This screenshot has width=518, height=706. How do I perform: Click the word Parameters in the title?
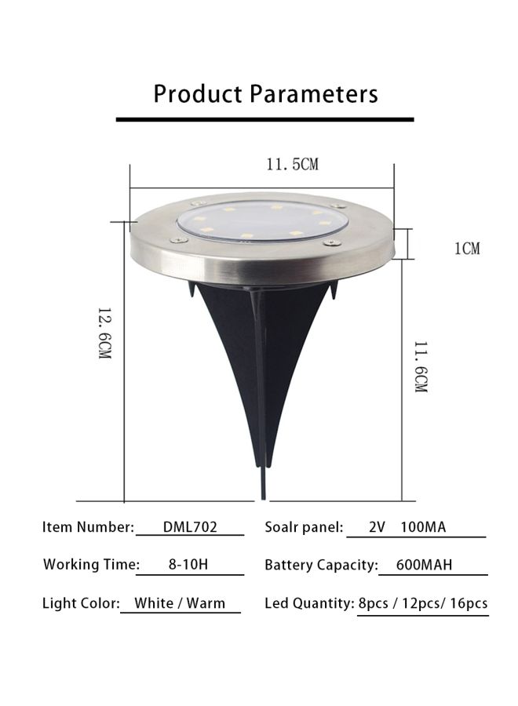tap(313, 94)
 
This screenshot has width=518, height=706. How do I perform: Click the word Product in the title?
tap(198, 95)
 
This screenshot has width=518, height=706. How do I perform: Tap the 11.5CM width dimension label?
tap(292, 165)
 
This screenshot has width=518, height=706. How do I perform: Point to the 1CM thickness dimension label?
tap(467, 248)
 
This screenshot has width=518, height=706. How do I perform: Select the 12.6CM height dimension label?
tap(104, 333)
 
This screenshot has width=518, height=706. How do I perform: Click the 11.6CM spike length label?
tap(420, 367)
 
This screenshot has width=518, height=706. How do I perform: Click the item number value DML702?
tap(190, 527)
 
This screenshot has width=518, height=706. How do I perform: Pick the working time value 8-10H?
tap(188, 564)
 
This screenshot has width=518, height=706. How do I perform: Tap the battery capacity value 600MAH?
tap(424, 565)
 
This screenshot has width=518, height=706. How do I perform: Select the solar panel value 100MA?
tap(423, 527)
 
